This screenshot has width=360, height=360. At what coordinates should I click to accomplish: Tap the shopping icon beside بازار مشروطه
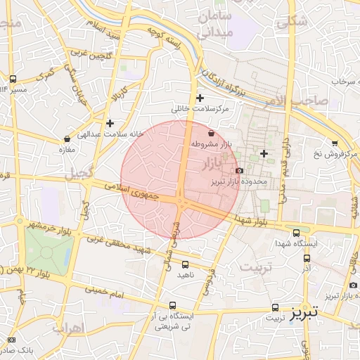click(212, 132)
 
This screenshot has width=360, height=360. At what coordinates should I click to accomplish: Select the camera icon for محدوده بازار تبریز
click(239, 170)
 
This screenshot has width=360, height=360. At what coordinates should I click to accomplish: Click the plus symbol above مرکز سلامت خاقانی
click(200, 98)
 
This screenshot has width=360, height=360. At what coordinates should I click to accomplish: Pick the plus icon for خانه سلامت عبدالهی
click(110, 123)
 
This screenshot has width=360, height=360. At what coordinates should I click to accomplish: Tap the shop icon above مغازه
click(67, 139)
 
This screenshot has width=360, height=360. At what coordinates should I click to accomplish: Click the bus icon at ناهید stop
click(185, 265)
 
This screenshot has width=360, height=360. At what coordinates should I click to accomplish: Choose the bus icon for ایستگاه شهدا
click(296, 233)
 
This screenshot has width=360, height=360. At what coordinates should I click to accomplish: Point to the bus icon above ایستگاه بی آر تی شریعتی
click(173, 305)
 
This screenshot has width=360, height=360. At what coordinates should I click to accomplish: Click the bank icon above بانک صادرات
click(12, 340)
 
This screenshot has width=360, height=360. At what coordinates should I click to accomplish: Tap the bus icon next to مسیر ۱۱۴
click(13, 79)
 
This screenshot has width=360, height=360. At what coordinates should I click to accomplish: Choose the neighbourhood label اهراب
click(67, 328)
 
